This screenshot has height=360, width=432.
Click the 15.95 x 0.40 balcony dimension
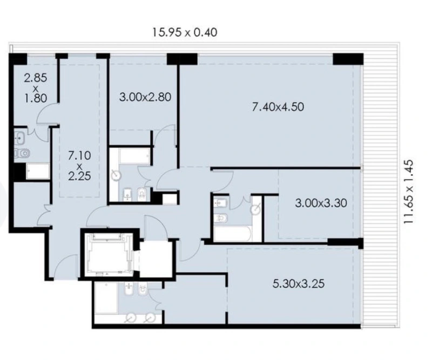point(185,32)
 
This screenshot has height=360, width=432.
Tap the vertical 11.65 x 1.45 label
point(409,192)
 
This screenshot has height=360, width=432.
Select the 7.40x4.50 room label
point(278,107)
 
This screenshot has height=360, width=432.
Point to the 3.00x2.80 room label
point(145,97)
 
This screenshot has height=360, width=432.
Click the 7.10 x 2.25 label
point(79,166)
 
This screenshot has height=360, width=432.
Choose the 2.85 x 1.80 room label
point(35,88)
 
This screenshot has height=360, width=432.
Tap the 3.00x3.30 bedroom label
point(321,203)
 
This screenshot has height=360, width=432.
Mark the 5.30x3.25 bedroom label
point(299,283)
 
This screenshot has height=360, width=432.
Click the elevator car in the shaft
point(107,254)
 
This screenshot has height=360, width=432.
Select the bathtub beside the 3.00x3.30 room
point(232,234)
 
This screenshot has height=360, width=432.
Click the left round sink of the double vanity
point(131,318)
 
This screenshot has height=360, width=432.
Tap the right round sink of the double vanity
point(150,318)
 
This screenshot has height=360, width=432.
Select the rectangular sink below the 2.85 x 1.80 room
point(19,137)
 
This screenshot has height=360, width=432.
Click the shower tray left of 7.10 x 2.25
point(38,171)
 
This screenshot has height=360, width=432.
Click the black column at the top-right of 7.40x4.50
point(348,59)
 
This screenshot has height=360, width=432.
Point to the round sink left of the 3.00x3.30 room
point(255,209)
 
